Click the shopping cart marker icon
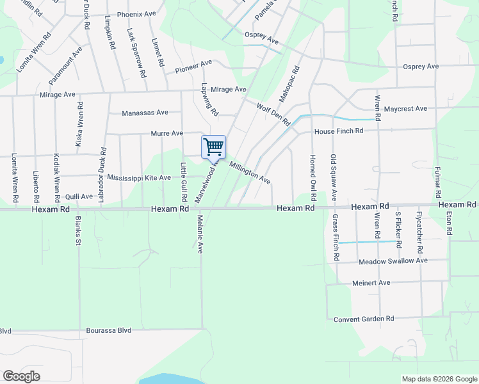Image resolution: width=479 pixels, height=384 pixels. click(x=213, y=147)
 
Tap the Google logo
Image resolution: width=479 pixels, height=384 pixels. click(x=21, y=376)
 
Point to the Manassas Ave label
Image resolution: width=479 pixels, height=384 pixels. click(x=145, y=113)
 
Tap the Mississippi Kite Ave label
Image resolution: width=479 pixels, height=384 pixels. click(x=139, y=177)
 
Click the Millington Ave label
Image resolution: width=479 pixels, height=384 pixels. click(x=250, y=172)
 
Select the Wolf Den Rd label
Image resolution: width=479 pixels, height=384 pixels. click(x=273, y=114)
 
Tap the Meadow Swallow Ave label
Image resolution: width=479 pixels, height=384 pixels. click(x=393, y=261)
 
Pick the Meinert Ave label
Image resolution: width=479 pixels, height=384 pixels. click(x=371, y=282)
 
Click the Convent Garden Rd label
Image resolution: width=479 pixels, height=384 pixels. click(x=363, y=319)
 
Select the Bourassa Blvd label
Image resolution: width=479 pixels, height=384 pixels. click(x=108, y=331)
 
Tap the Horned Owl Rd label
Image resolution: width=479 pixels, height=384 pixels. click(x=313, y=170)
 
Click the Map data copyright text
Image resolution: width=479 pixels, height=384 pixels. click(x=439, y=379)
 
